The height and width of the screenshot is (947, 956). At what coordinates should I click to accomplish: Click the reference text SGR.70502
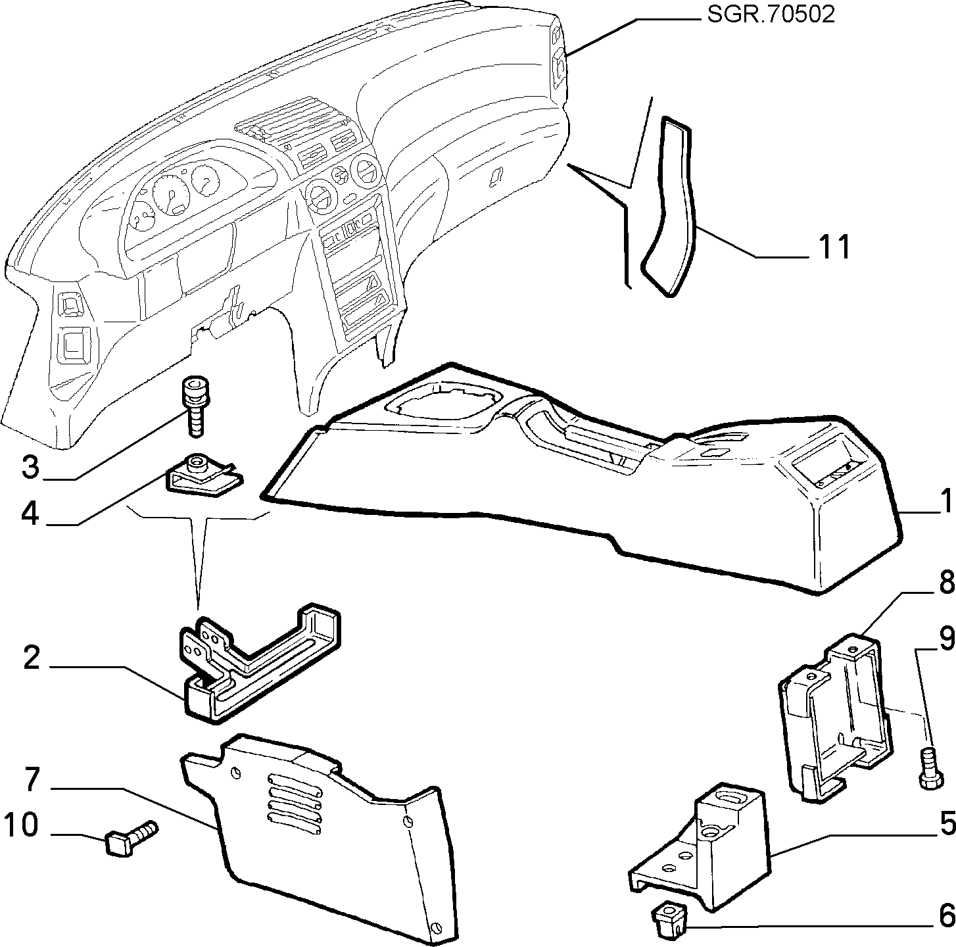click(771, 15)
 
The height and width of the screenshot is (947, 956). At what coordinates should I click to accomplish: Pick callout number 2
click(32, 658)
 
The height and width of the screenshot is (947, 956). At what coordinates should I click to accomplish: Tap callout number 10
click(21, 825)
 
